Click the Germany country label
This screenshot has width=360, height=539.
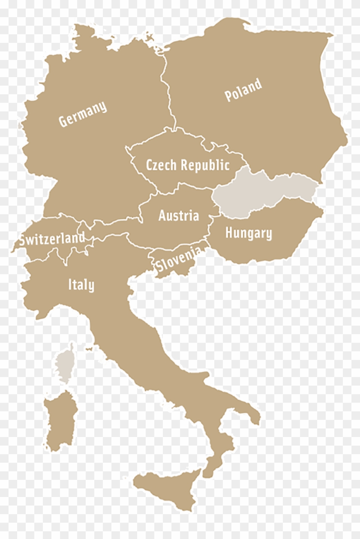tap(82, 114)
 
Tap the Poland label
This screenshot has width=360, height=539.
tap(243, 90)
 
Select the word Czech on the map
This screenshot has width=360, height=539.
tap(161, 165)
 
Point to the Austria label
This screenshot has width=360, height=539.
tap(178, 216)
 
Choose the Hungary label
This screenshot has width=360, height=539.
tap(248, 234)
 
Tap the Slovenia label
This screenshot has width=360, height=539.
tap(178, 259)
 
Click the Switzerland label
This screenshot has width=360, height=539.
tap(51, 239)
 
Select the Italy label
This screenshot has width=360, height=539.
tap(81, 285)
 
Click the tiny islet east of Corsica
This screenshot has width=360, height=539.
tap(89, 350)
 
